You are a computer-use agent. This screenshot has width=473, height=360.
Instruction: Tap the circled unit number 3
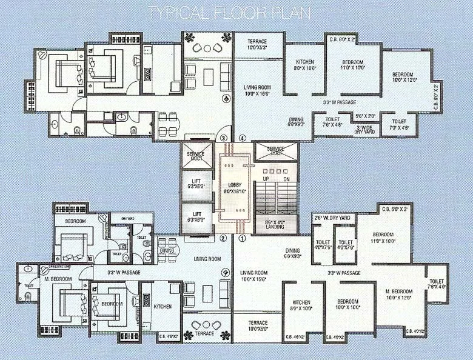pos(223,138)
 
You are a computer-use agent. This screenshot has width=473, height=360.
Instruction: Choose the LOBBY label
pos(235,187)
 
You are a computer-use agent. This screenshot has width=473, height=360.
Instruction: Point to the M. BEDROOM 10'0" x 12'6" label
pos(398,295)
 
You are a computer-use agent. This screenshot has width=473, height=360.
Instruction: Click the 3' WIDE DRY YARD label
pos(364,130)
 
